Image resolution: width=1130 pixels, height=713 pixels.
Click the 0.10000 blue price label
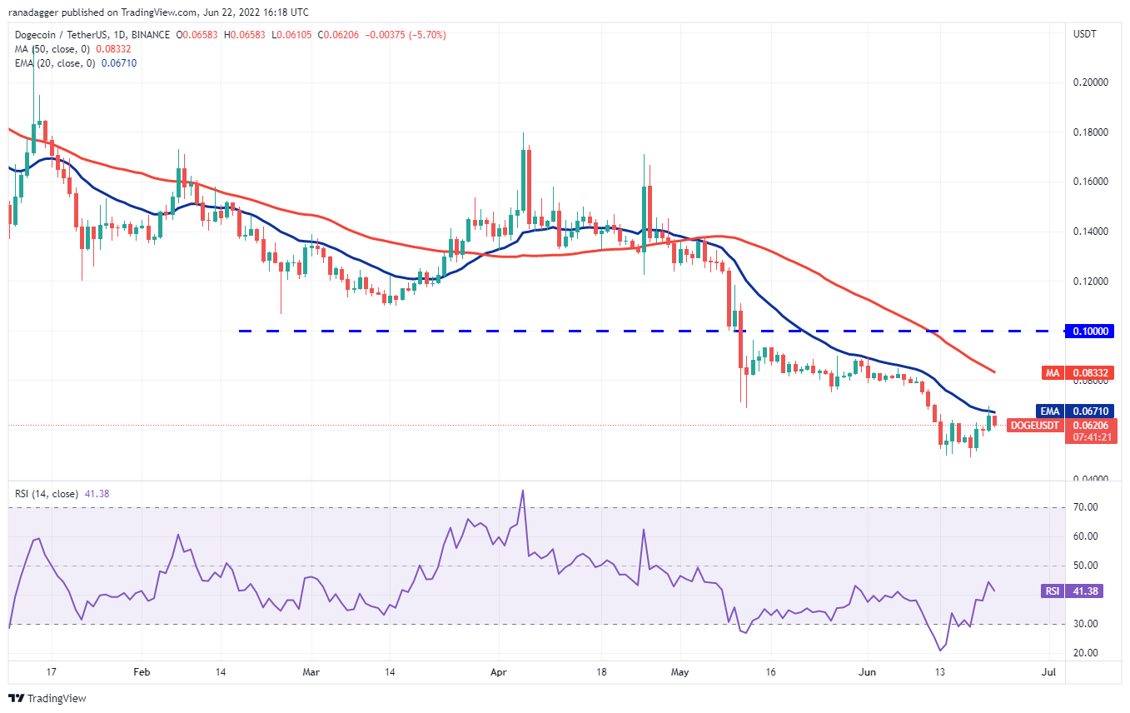point(1090,331)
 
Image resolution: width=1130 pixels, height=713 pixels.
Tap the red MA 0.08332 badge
point(1078,373)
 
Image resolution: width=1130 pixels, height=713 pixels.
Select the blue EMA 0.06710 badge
point(1074,411)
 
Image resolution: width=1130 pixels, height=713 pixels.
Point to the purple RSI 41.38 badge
point(1072,591)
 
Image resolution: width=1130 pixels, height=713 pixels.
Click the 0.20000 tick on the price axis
point(1091,82)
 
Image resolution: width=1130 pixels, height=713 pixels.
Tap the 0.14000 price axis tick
point(1091,231)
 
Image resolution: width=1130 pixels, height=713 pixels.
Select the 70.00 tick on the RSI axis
point(1086,507)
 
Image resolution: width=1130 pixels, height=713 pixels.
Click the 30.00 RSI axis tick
point(1086,624)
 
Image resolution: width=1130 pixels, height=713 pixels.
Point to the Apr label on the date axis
point(499,672)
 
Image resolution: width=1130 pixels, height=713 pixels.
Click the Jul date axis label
point(1048,672)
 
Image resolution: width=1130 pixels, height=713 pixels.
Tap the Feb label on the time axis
point(142,672)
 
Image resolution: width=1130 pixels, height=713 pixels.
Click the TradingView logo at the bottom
point(47,698)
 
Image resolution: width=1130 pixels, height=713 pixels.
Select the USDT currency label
point(1084,34)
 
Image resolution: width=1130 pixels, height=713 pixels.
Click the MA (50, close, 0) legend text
point(52,49)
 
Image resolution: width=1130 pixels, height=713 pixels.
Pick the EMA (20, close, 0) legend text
point(54,63)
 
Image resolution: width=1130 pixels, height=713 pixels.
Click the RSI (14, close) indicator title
point(47,494)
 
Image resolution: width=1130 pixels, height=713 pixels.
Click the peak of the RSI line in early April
point(523,491)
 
